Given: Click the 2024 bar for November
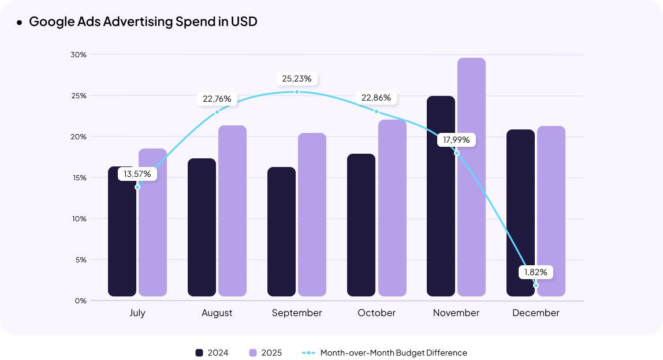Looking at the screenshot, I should pyautogui.click(x=441, y=196).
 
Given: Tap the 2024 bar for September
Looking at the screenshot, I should pyautogui.click(x=281, y=232).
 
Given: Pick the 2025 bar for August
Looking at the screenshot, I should pyautogui.click(x=232, y=211).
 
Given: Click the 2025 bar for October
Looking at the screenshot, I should pyautogui.click(x=392, y=208).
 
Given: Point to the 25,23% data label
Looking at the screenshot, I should pyautogui.click(x=297, y=79).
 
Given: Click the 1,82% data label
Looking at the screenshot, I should pyautogui.click(x=535, y=272).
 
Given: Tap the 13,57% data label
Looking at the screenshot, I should pyautogui.click(x=137, y=173).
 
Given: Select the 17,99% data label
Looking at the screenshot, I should pyautogui.click(x=456, y=140).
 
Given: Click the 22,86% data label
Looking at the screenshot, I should pyautogui.click(x=376, y=98).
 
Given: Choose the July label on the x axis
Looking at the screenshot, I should pyautogui.click(x=137, y=313).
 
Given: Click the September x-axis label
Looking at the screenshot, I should pyautogui.click(x=297, y=313).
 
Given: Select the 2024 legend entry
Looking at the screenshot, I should pyautogui.click(x=212, y=352).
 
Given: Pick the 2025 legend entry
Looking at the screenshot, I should pyautogui.click(x=265, y=352).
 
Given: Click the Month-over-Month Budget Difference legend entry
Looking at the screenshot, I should pyautogui.click(x=385, y=352).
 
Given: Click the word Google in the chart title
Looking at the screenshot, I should pyautogui.click(x=50, y=22).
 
